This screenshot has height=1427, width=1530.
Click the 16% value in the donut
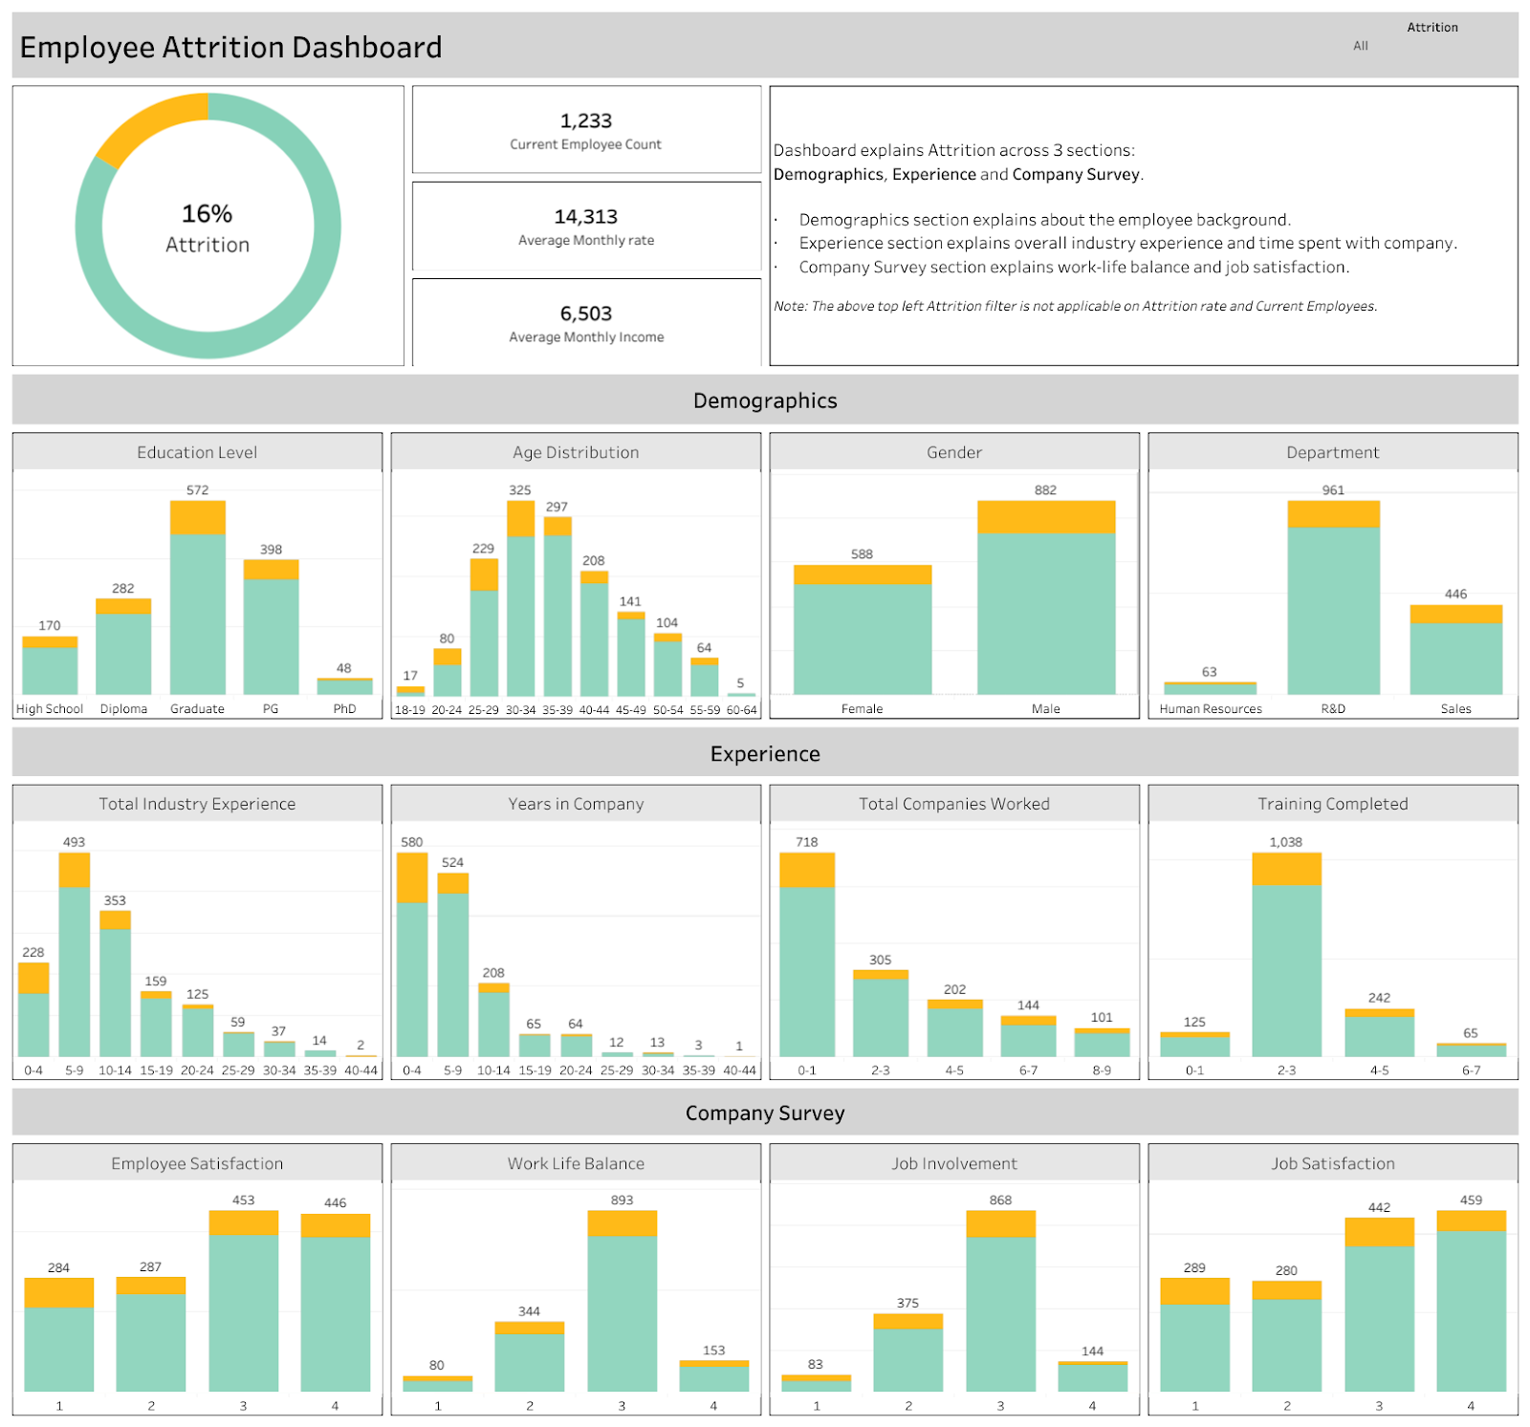pos(207,213)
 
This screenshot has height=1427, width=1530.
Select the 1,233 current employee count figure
pos(585,120)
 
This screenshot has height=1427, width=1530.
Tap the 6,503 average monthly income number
pos(585,314)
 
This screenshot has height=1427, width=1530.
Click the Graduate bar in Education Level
pos(197,602)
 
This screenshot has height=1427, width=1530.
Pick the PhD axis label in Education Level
pos(344,709)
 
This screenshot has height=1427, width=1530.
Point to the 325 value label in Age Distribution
pos(519,490)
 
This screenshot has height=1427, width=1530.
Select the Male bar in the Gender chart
pos(1045,602)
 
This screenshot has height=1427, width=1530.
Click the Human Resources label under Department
pos(1210,709)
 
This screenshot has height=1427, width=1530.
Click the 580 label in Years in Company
pos(411,842)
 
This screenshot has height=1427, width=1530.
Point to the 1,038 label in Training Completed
pos(1285,842)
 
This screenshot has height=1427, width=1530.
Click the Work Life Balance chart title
pos(576,1163)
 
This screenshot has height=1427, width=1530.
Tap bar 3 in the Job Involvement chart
pos(1000,1305)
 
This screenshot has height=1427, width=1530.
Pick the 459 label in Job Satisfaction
pos(1471,1200)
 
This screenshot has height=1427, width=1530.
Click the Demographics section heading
pos(765,400)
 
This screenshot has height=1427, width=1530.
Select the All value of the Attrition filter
pos(1360,46)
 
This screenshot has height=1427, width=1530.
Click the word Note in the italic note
pos(789,307)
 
